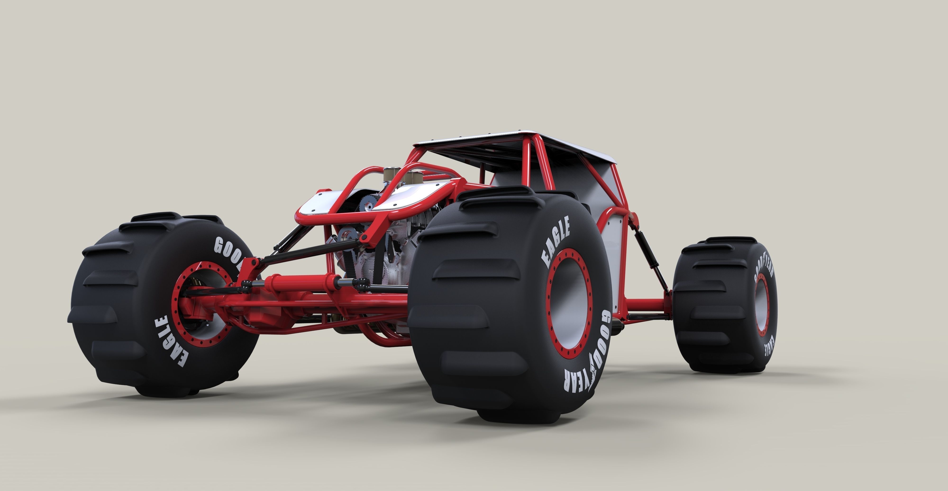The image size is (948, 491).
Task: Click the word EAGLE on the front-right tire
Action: [x=556, y=241]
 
